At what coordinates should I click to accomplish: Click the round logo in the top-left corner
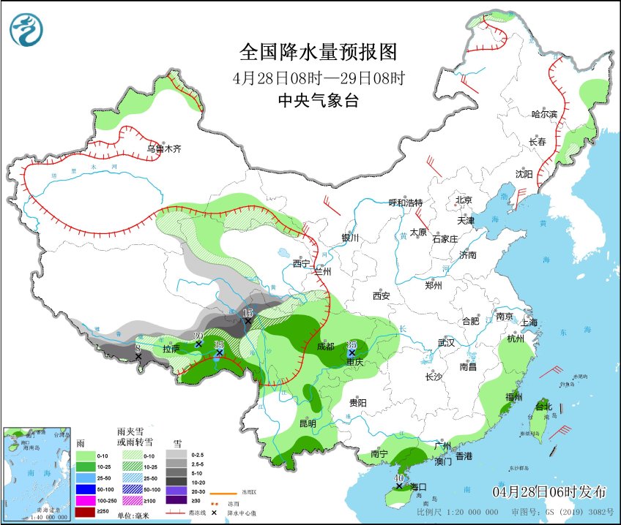[26, 29]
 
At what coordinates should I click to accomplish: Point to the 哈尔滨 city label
[544, 114]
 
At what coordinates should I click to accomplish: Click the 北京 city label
[464, 200]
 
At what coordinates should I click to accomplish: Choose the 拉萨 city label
[171, 350]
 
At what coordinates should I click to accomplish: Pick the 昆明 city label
[308, 423]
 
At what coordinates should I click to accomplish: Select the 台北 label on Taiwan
[542, 407]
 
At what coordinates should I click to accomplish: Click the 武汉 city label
[446, 342]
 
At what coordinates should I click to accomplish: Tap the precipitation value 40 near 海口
[398, 478]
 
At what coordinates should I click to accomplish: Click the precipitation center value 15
[248, 312]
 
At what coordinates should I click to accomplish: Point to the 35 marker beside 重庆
[352, 344]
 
